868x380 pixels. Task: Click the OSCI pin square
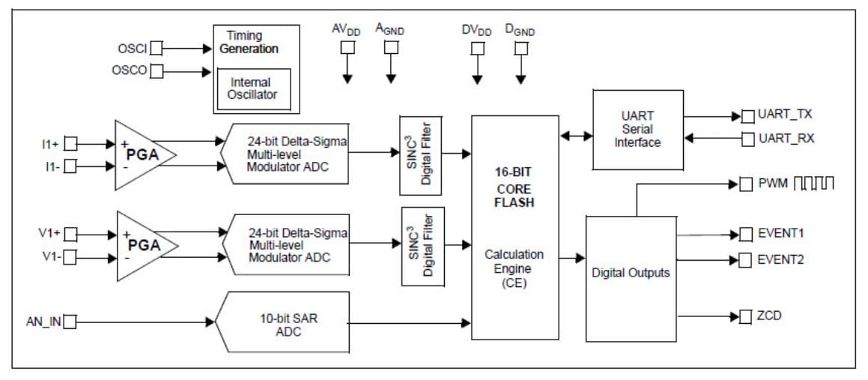(156, 49)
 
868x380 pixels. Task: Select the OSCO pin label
(129, 71)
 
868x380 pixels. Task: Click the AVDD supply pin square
(347, 48)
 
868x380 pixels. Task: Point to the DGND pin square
(521, 49)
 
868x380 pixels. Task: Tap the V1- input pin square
(70, 258)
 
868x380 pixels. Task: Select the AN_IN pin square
(70, 322)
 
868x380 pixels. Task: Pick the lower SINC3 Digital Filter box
(422, 246)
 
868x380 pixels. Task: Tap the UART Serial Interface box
(637, 130)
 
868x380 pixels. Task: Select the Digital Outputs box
(631, 273)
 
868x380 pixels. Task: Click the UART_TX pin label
(785, 115)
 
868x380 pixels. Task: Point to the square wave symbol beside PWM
(813, 183)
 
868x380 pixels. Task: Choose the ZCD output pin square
(745, 316)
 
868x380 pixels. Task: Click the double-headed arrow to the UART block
(576, 136)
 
